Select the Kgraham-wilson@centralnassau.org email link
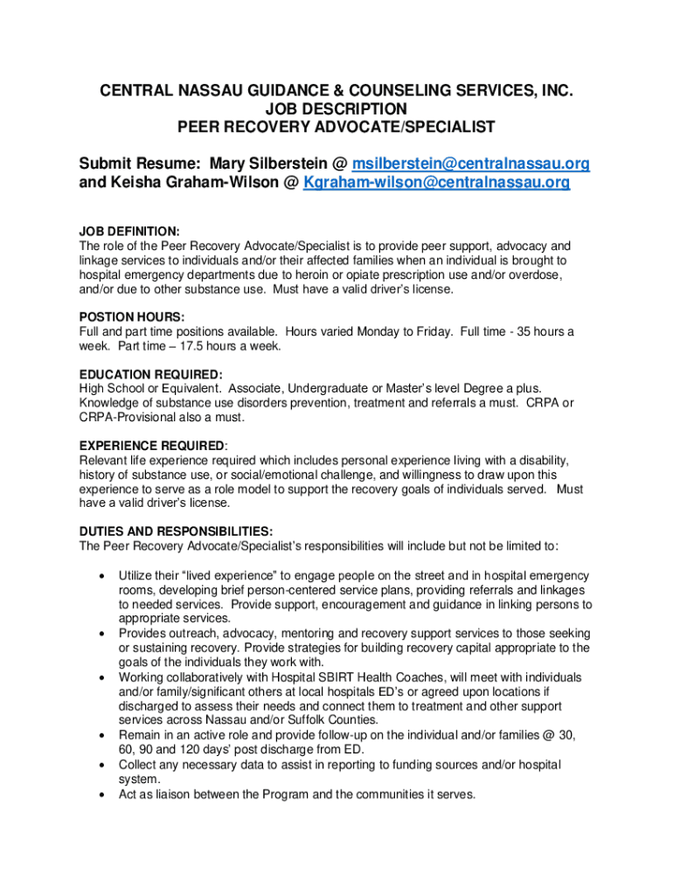pos(436,183)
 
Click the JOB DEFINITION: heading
pos(129,232)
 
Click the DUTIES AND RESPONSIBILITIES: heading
pos(176,531)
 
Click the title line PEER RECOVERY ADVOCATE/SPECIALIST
pos(336,127)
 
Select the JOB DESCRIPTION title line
pos(336,108)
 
